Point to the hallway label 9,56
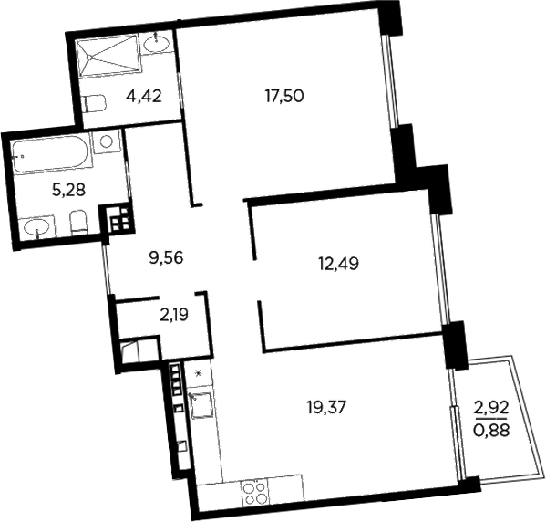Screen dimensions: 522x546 (x=167, y=257)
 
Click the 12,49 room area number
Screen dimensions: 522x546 (x=338, y=265)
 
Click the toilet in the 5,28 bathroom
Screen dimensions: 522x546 (x=78, y=222)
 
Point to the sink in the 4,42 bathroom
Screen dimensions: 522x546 (x=160, y=42)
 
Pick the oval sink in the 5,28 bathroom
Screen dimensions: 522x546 (x=36, y=225)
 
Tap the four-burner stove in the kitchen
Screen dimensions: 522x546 (x=252, y=494)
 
